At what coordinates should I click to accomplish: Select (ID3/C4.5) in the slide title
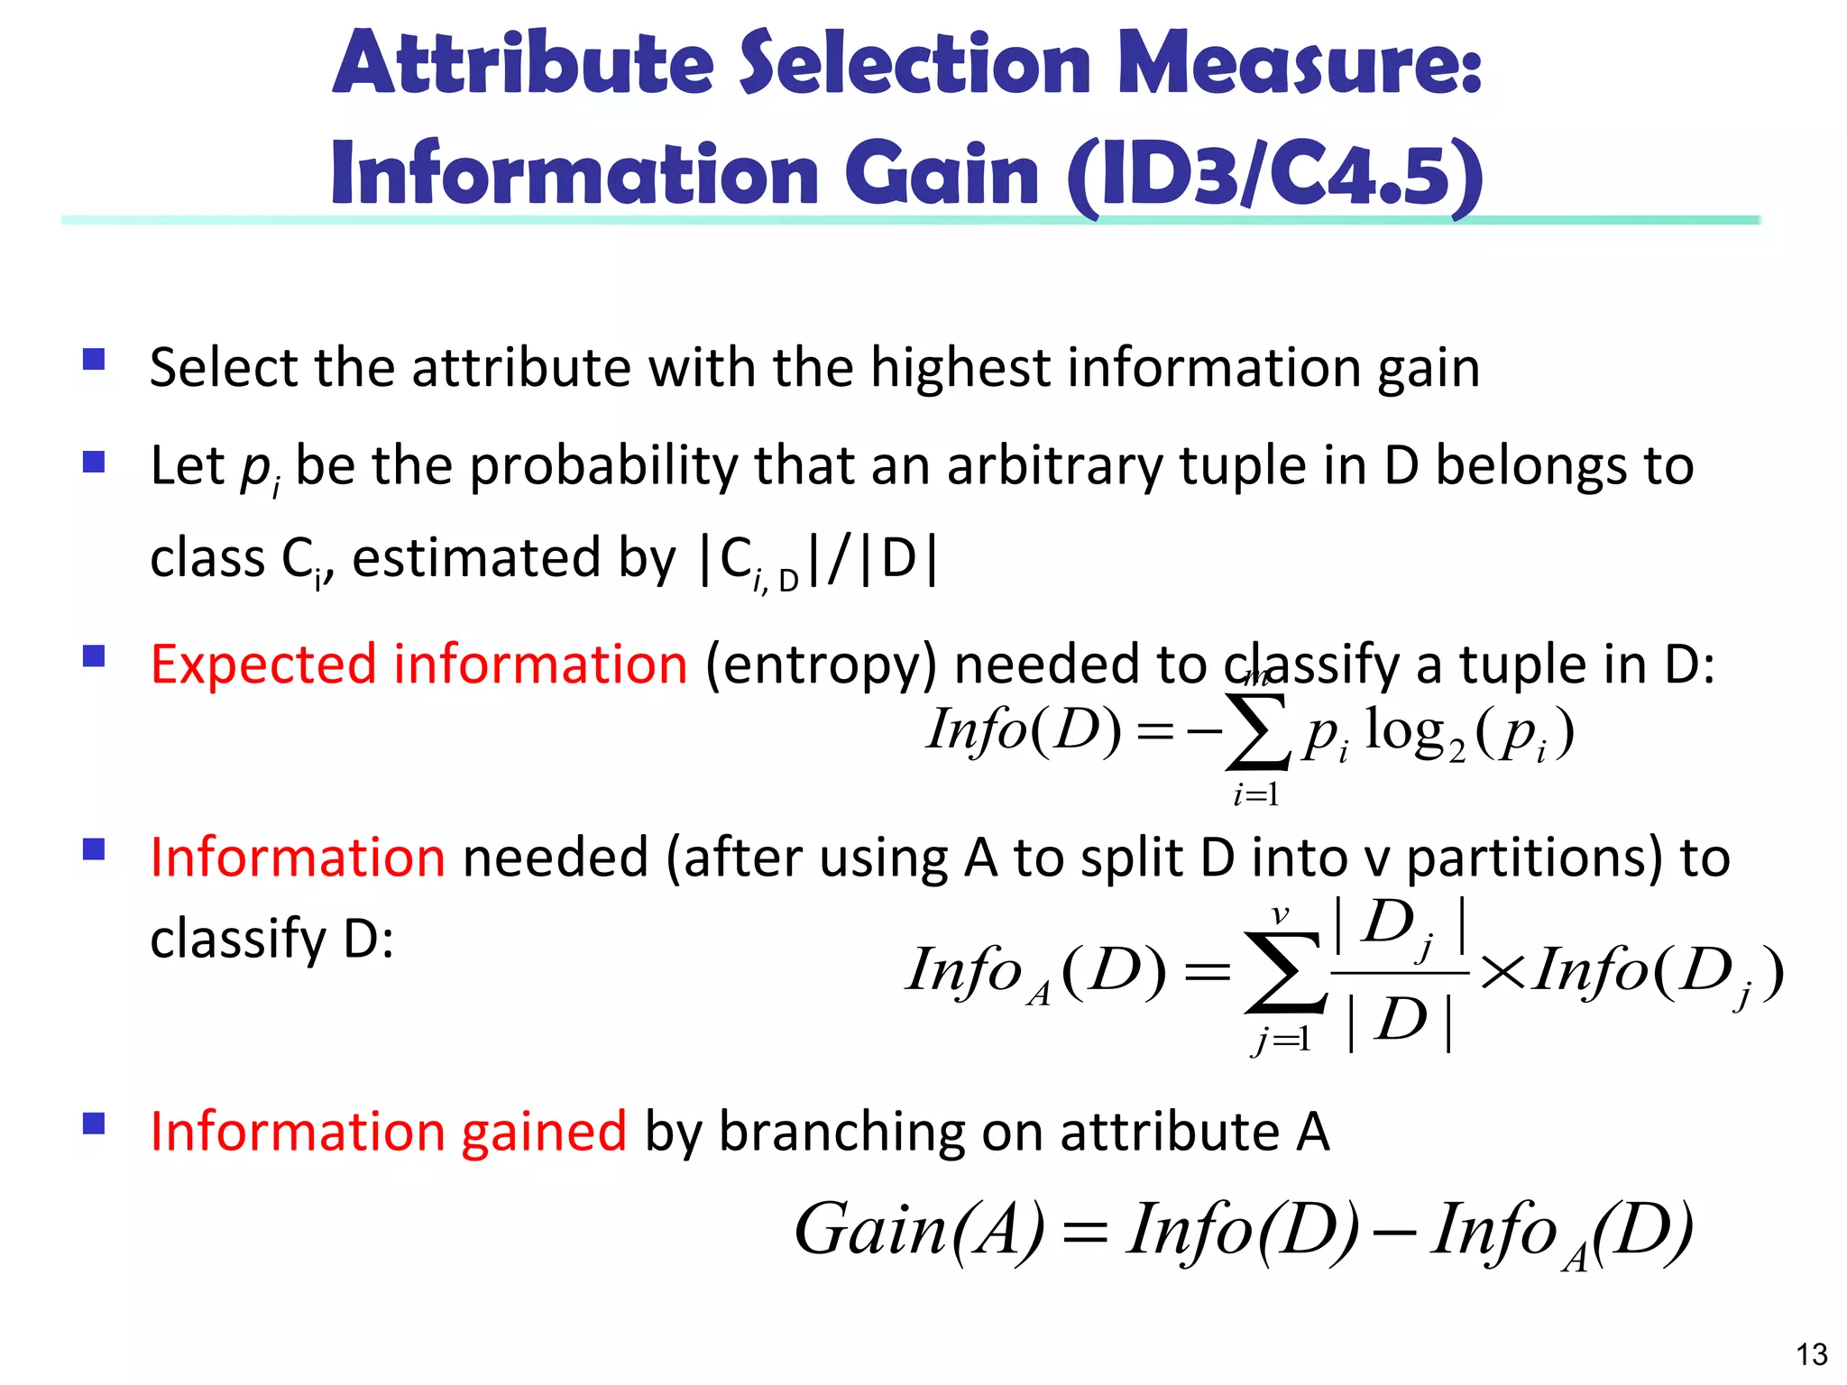[1274, 175]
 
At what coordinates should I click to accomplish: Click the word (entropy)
[821, 665]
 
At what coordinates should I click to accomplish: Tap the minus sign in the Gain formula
[1396, 1231]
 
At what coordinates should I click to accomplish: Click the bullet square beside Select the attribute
[94, 361]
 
